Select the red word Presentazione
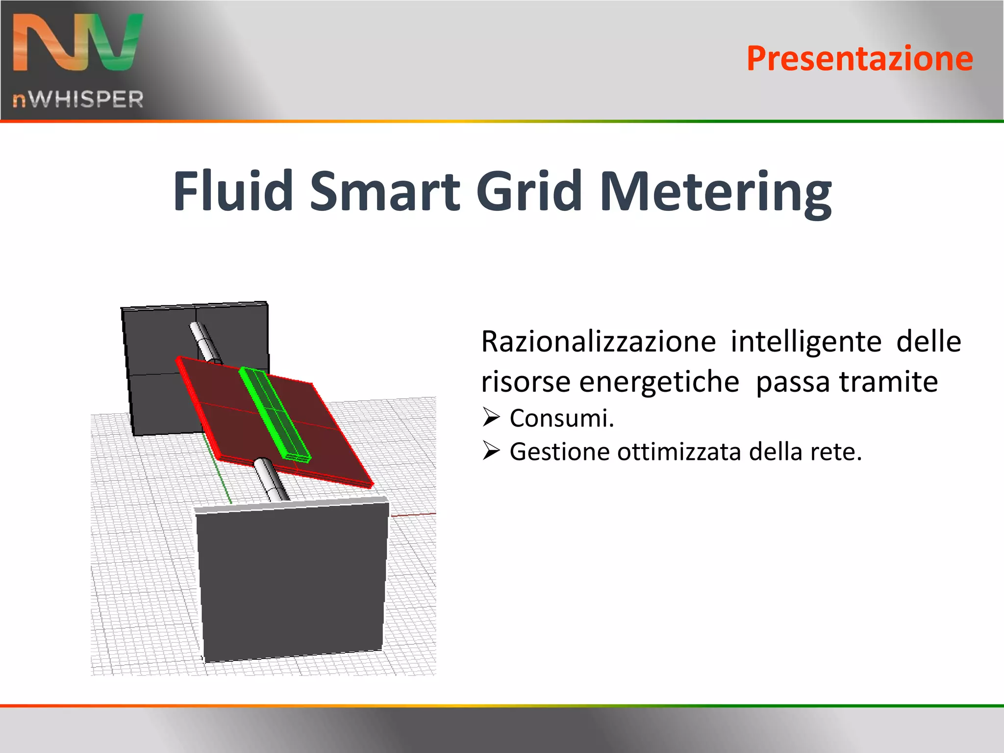coord(859,59)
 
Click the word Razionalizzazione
coord(598,342)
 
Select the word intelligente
coord(805,342)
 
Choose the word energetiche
coord(659,382)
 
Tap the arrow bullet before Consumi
coord(491,417)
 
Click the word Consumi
coord(561,419)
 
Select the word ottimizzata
coord(678,452)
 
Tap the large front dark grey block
coord(292,583)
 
